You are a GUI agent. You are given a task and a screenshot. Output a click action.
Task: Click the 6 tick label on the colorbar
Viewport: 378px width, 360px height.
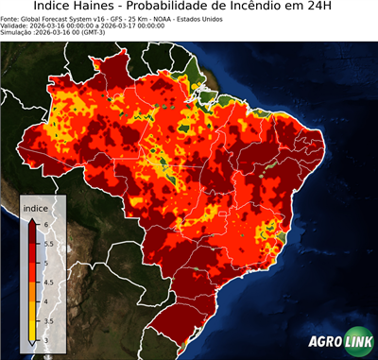coord(44,223)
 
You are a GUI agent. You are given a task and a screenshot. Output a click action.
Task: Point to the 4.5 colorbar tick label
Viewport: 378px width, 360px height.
coord(47,282)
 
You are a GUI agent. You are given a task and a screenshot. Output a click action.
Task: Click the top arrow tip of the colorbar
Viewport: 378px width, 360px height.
coord(32,217)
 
